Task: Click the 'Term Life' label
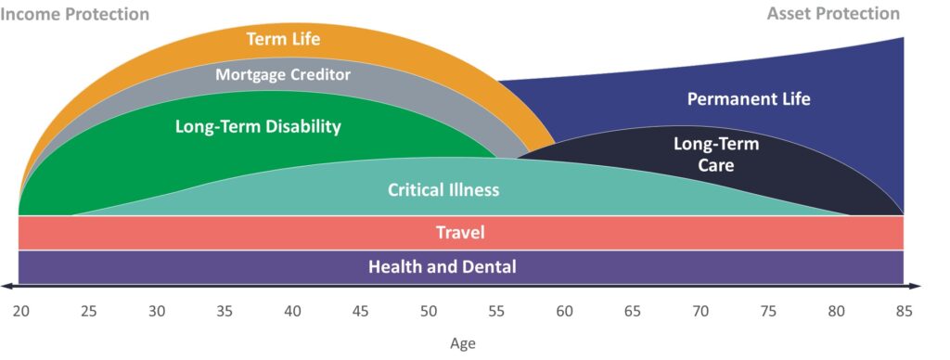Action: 282,40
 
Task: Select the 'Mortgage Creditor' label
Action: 283,74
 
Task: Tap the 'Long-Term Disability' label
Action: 258,126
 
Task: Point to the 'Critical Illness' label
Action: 443,190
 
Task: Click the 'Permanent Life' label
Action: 749,99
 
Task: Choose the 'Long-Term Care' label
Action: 715,155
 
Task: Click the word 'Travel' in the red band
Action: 460,233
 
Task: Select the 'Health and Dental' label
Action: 443,267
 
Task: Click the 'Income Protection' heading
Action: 75,14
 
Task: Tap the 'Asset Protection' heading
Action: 833,14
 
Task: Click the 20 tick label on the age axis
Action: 20,311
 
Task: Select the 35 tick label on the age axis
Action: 225,311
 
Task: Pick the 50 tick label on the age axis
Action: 429,311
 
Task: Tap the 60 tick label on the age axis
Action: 564,311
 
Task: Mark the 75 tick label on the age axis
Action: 768,311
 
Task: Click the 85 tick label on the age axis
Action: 904,311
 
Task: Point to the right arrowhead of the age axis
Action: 917,286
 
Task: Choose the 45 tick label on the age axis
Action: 360,311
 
